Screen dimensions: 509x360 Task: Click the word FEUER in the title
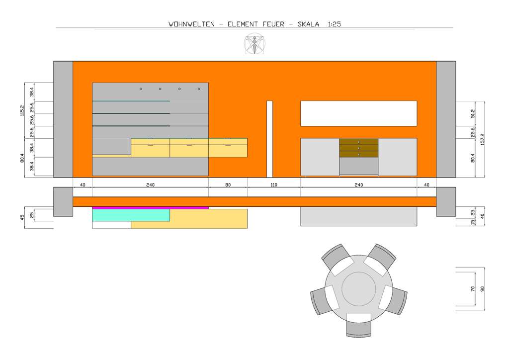(x=274, y=24)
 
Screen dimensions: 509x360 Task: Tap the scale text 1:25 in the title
(x=334, y=24)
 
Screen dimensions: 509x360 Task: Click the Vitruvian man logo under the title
(x=255, y=43)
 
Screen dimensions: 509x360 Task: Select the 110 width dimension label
(x=274, y=184)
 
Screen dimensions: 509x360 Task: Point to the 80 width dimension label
(x=228, y=184)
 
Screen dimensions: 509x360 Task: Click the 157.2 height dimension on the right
(x=482, y=139)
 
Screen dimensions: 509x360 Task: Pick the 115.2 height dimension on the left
(x=22, y=111)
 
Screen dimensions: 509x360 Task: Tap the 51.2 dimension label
(x=473, y=113)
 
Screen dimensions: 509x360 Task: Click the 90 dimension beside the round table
(x=482, y=288)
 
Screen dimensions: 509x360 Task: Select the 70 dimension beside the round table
(x=473, y=288)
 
